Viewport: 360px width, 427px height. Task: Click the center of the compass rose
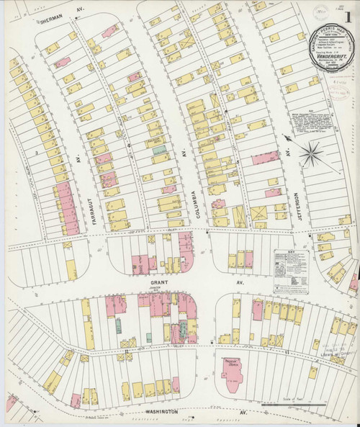click(312, 153)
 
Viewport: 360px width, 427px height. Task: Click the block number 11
click(287, 352)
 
